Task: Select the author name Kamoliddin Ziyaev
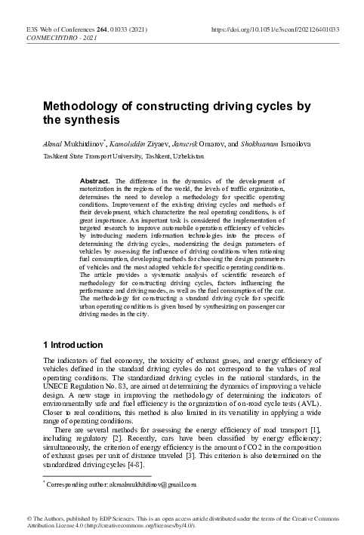click(x=150, y=142)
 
